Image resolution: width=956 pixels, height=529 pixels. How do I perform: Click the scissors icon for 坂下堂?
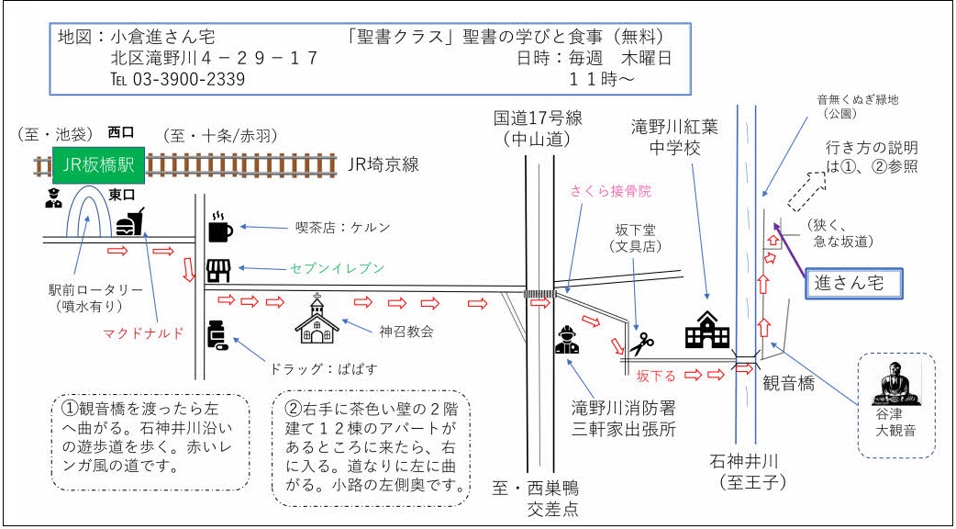coord(641,343)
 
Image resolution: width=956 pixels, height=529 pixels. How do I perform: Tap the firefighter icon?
coord(567,340)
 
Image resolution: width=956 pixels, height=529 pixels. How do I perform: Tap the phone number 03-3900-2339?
coord(177,79)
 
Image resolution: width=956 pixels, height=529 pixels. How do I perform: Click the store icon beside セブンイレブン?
coord(218,270)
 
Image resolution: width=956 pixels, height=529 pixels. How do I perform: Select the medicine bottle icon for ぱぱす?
coord(217,335)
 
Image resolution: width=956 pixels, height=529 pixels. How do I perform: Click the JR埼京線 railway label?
coord(384,165)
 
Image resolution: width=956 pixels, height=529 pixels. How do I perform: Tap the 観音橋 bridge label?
coord(789,385)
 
